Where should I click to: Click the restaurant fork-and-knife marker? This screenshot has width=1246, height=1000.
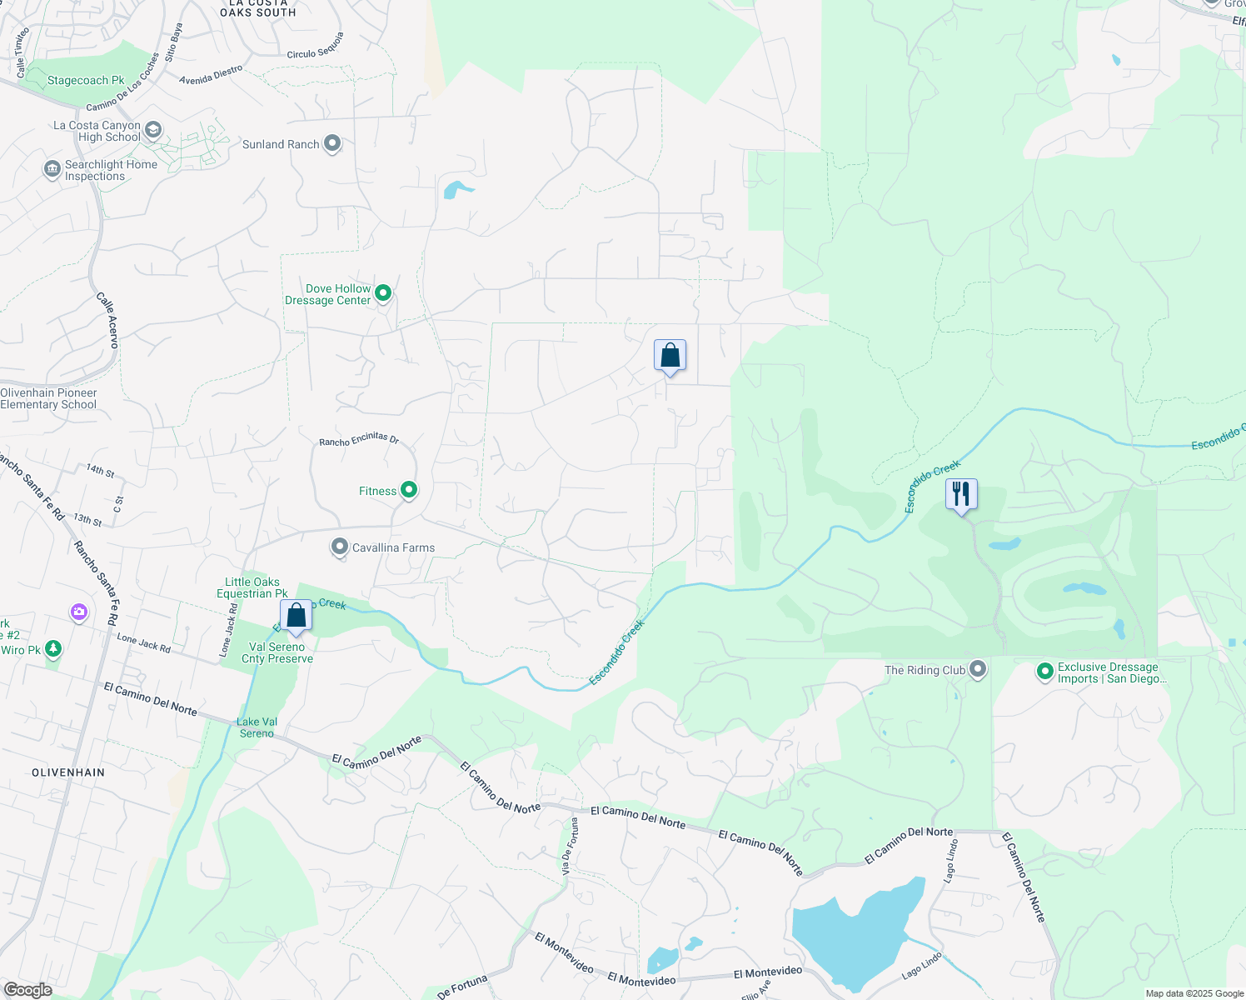tap(961, 494)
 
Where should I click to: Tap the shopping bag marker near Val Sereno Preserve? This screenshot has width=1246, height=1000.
tap(296, 616)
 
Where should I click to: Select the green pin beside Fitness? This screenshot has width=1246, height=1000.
tap(409, 490)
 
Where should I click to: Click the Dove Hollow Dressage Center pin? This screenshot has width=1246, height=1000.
tap(383, 293)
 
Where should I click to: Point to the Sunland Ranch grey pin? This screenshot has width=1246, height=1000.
tap(332, 144)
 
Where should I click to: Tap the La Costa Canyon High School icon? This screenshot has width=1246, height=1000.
tap(153, 130)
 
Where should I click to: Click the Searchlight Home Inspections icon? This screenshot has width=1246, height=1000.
tap(52, 170)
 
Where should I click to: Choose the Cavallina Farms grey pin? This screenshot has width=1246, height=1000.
tap(340, 547)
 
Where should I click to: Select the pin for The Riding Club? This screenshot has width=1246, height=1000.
tap(979, 669)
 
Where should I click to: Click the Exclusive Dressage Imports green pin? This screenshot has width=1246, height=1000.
tap(1045, 672)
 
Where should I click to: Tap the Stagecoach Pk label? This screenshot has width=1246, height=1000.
tap(86, 81)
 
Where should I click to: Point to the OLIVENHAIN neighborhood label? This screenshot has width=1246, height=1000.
tap(68, 772)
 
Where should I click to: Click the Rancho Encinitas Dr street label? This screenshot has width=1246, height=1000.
tap(359, 439)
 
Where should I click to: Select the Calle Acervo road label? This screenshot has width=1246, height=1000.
tap(108, 320)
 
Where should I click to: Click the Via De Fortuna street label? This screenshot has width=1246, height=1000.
tap(570, 845)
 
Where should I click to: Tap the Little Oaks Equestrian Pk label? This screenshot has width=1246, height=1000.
tap(252, 587)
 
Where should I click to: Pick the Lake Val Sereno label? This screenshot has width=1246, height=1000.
tap(257, 727)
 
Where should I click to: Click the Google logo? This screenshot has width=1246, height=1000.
tap(27, 990)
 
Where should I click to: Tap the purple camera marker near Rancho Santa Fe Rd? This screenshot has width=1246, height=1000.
tap(79, 612)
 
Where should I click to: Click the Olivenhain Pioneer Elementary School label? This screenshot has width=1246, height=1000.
tap(48, 398)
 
